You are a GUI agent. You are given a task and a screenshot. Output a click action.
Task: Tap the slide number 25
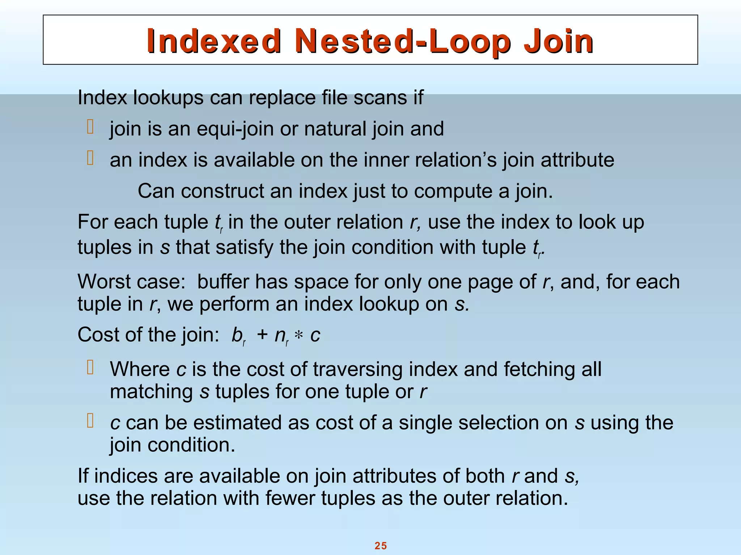point(381,546)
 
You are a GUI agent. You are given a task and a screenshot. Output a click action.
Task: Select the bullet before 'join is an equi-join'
point(90,127)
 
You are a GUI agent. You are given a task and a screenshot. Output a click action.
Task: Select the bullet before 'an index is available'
point(90,158)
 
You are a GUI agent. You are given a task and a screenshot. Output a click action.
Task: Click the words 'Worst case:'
point(131,281)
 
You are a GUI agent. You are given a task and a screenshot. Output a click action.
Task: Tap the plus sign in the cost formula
point(262,335)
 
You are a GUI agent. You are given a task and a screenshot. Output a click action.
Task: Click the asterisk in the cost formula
point(298,336)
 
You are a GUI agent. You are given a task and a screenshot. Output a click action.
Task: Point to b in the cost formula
point(237,335)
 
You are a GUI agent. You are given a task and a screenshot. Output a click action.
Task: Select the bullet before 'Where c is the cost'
point(90,367)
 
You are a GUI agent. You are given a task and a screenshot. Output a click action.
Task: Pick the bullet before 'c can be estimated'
point(90,421)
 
